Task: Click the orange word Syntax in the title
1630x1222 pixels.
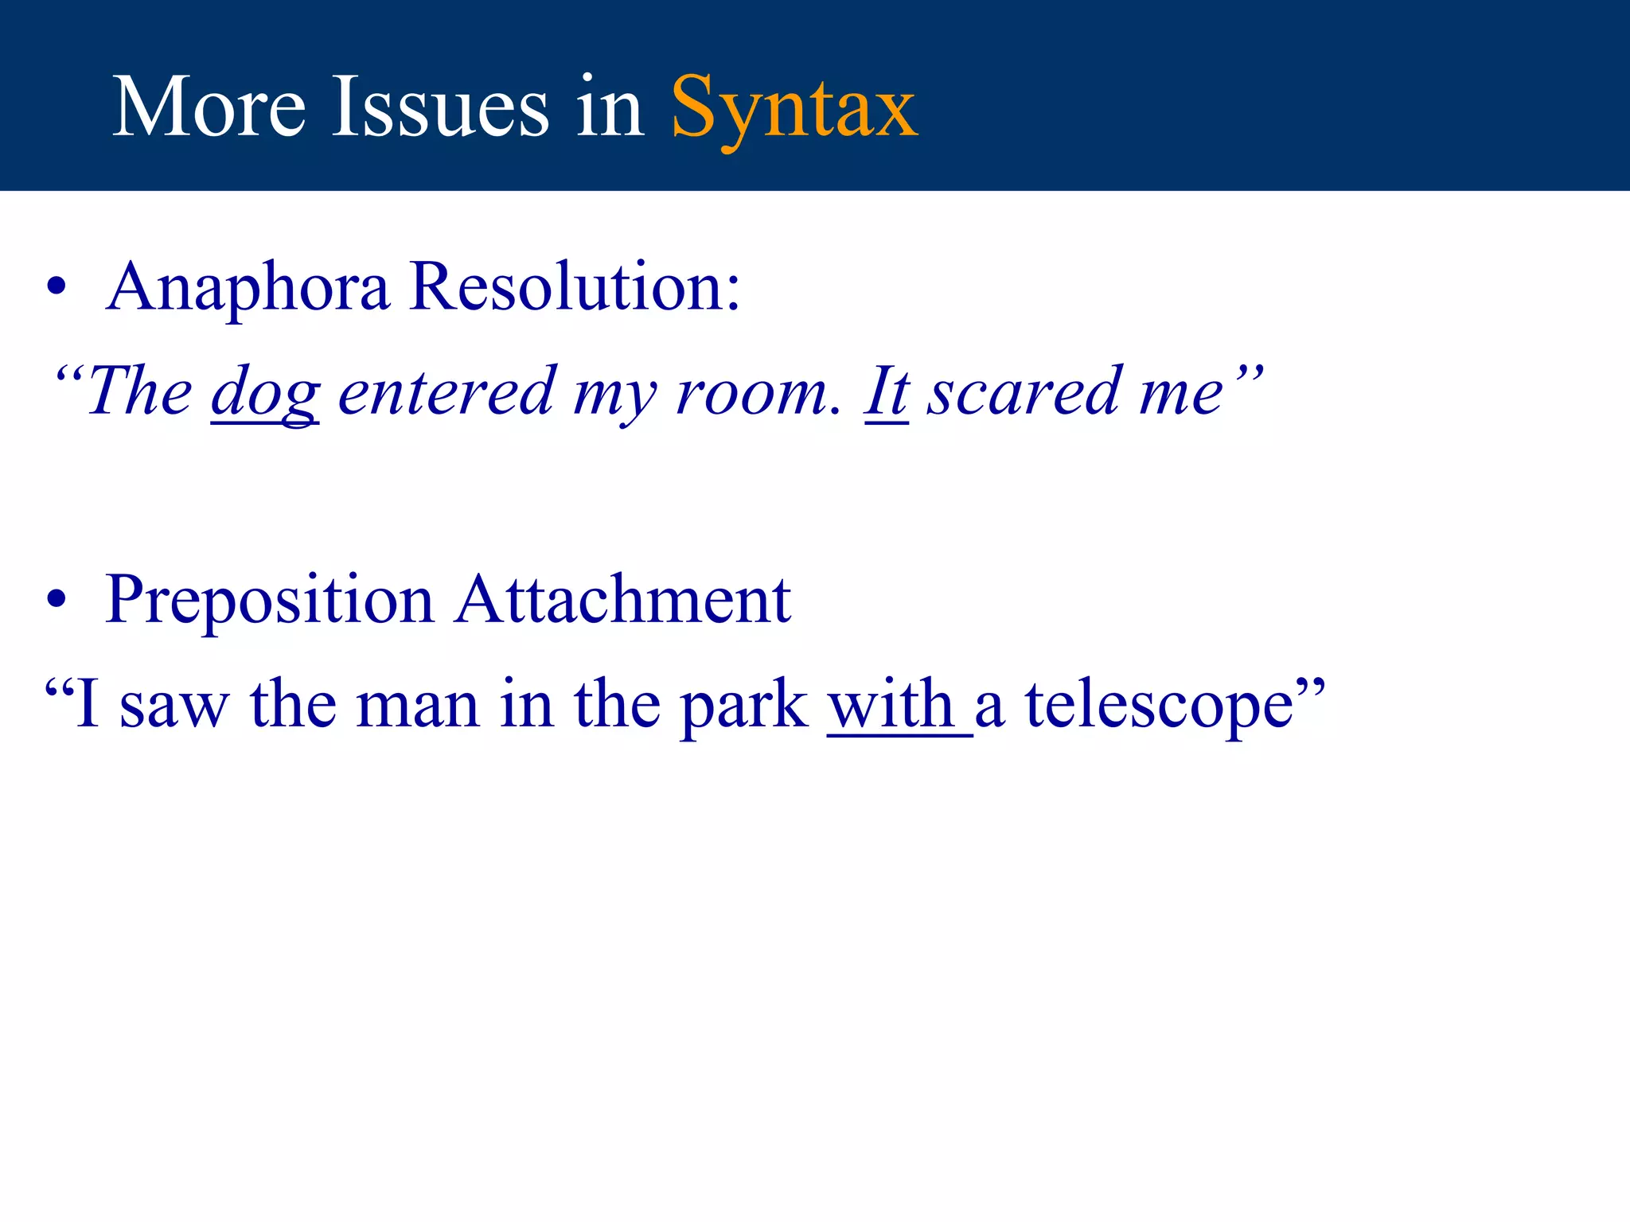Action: coord(794,107)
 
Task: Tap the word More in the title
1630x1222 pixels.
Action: coord(209,107)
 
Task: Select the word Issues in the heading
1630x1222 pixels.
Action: coord(439,107)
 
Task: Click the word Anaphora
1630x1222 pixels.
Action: coord(248,287)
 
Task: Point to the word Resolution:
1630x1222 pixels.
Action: coord(575,287)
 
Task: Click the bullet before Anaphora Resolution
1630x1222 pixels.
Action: coord(56,288)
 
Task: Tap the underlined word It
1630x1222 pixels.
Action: coord(886,392)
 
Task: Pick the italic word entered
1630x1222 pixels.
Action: coord(446,392)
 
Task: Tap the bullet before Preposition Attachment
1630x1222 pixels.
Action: coord(56,600)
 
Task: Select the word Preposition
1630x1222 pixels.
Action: coord(269,600)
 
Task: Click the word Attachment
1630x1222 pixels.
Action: coord(623,600)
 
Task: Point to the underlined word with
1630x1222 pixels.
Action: coord(891,704)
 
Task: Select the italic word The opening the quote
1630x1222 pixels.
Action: coord(139,392)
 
